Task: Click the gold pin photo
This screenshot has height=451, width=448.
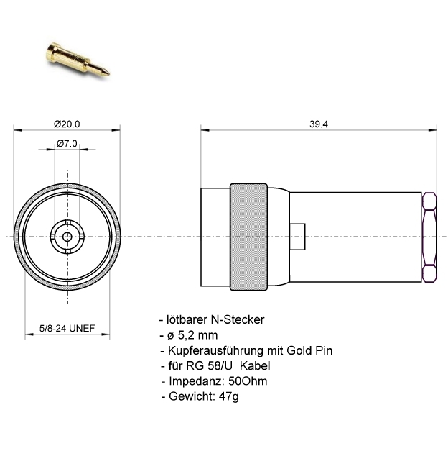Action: (77, 60)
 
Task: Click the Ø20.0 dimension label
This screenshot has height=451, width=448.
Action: (67, 124)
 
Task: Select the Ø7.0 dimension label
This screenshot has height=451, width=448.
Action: (67, 144)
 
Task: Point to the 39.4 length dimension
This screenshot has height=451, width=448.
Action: (319, 124)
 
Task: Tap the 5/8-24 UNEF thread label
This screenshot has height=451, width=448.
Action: (67, 329)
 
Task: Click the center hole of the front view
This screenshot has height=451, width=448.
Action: (67, 236)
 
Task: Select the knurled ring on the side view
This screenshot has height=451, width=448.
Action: (248, 235)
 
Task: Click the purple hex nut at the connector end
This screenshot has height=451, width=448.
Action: (430, 236)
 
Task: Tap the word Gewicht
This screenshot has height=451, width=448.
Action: (187, 396)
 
